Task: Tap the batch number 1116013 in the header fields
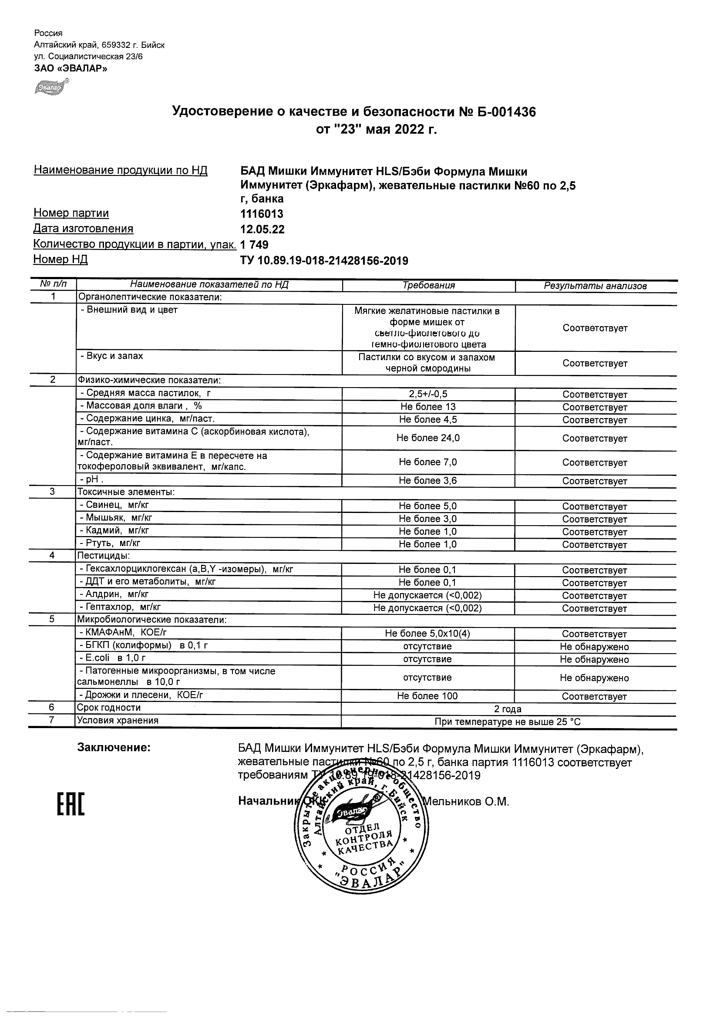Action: click(262, 214)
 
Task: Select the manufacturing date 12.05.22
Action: click(262, 229)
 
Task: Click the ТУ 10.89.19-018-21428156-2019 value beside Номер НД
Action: click(324, 260)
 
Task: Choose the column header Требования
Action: click(428, 285)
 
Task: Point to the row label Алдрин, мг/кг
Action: click(114, 594)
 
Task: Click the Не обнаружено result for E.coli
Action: click(594, 659)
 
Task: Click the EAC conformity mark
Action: click(71, 805)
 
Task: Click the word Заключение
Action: click(114, 748)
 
